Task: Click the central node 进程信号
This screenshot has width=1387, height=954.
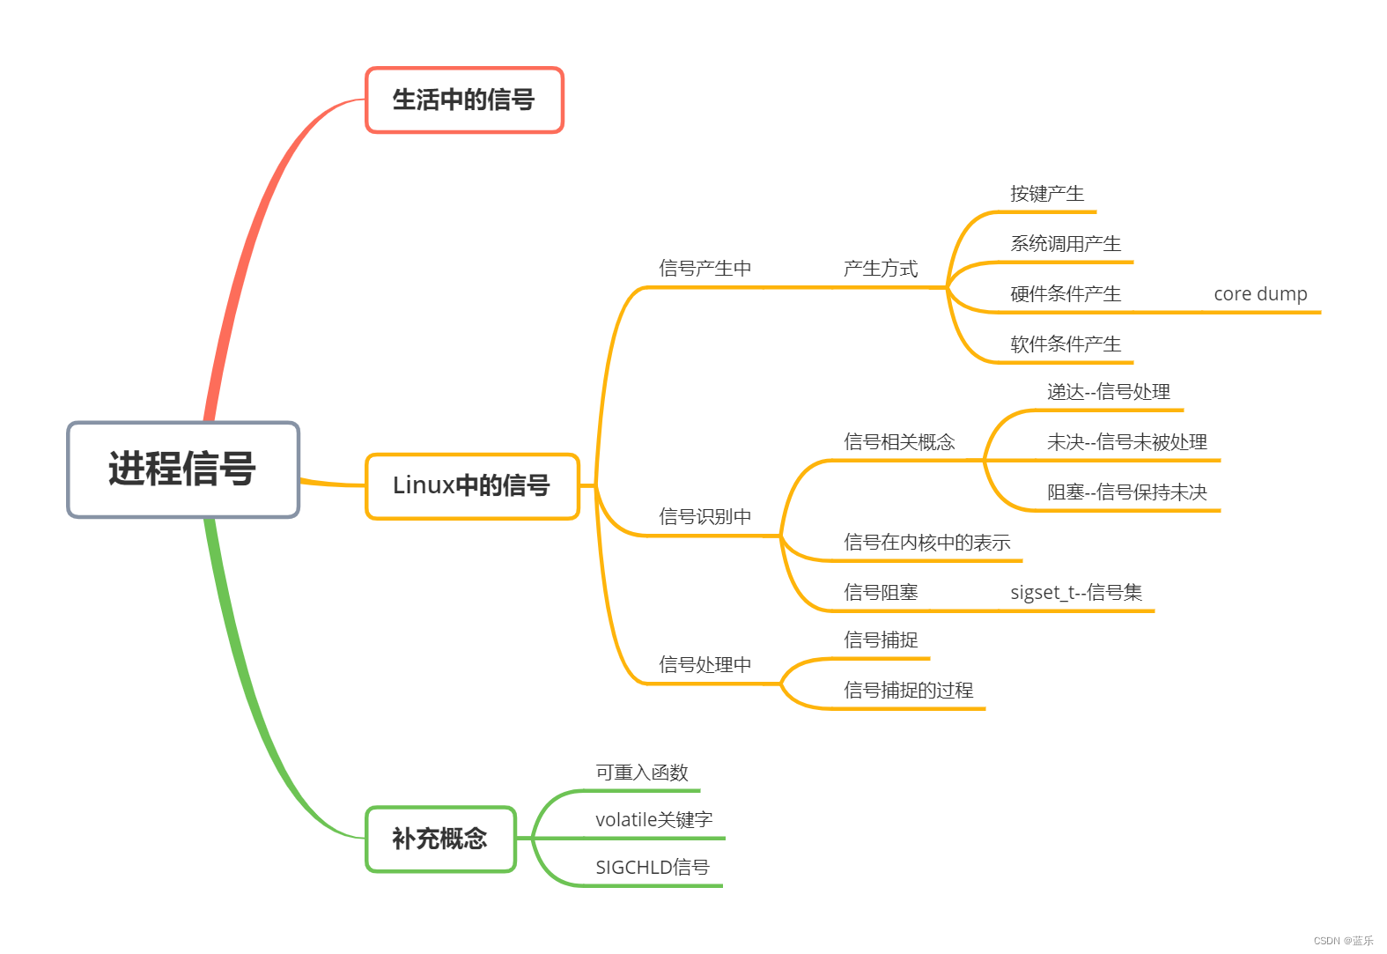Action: point(183,470)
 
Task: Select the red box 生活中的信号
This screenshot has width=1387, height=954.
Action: point(464,100)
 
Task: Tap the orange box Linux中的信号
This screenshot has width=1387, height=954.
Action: point(472,485)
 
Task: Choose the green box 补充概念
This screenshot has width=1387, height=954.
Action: point(440,839)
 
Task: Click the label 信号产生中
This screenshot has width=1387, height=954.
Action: point(705,269)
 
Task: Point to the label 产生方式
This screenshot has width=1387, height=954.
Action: point(881,269)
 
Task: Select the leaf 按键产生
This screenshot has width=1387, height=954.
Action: point(1047,194)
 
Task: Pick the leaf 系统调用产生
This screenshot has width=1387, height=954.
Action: point(1066,244)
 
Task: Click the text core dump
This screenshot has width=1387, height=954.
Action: point(1260,294)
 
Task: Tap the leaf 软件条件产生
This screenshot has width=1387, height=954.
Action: point(1066,344)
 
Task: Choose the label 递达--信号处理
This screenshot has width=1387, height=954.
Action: point(1109,392)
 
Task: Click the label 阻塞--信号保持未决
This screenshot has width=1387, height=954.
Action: point(1127,492)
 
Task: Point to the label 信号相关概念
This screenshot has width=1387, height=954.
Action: point(899,442)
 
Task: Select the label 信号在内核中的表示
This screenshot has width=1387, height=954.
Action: point(926,543)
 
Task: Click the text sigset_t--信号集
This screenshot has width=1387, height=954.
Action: point(1076,593)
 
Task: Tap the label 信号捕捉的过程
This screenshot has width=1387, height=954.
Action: point(908,691)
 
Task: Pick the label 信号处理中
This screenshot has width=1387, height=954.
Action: point(705,665)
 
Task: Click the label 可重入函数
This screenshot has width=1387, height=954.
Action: point(642,773)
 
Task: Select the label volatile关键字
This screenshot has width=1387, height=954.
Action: point(653,820)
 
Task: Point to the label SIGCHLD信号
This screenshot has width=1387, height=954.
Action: point(652,868)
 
